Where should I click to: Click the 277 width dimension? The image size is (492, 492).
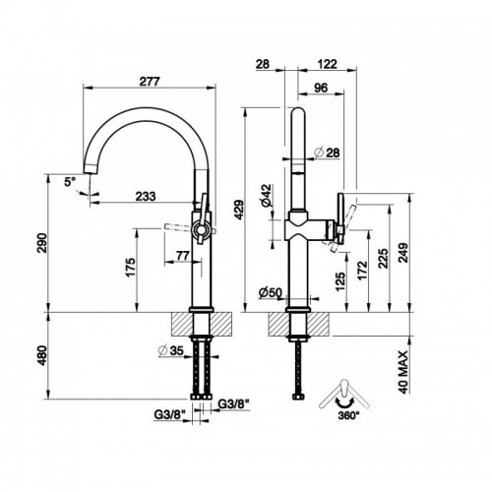(150, 81)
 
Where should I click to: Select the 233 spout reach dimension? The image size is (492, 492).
(146, 196)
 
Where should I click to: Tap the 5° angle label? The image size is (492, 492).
(70, 181)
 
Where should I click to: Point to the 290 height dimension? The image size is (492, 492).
(42, 243)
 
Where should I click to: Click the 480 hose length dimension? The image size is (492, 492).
(42, 356)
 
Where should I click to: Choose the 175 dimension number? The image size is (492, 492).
(131, 268)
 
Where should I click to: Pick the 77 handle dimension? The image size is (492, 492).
(183, 255)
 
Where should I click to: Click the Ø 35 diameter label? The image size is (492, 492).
(170, 350)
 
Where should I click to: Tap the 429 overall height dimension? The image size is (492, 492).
(239, 210)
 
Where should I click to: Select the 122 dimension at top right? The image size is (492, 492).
(327, 64)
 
